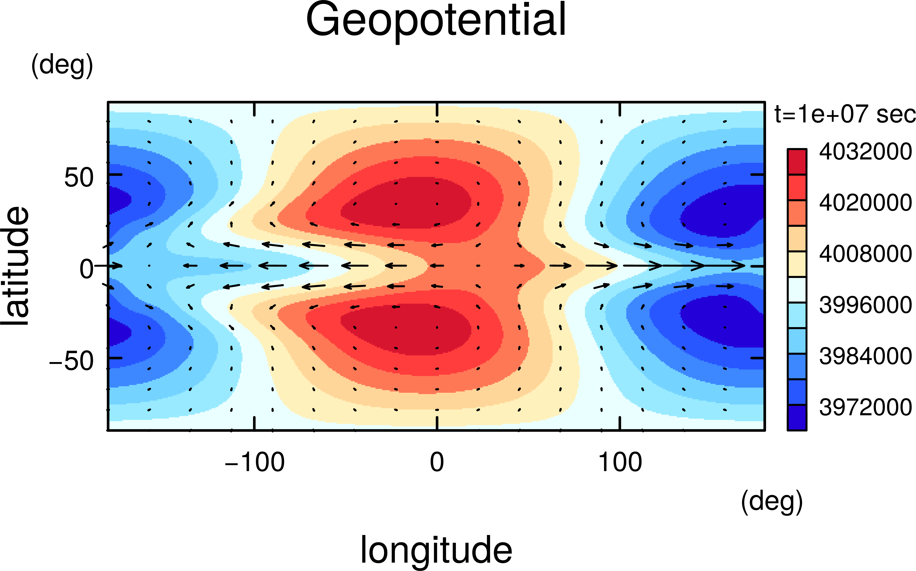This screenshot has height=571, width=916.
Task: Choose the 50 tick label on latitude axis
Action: [79, 177]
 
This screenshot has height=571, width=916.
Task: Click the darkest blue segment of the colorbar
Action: [797, 417]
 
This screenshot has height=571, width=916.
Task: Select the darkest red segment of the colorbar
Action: [797, 162]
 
